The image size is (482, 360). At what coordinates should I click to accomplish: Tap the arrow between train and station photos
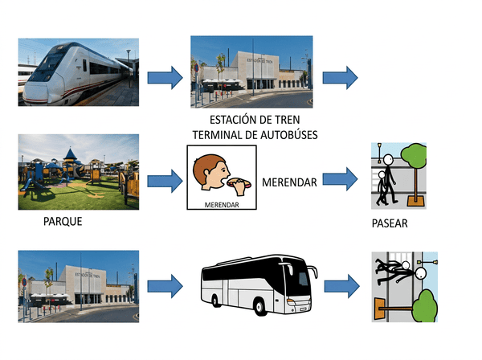point(165,76)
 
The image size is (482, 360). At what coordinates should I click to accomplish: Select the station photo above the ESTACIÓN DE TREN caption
point(251,72)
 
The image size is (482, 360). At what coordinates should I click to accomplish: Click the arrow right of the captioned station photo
point(339,76)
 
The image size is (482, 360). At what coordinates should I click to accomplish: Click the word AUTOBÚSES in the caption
point(283,135)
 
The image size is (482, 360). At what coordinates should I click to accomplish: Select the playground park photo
point(78,170)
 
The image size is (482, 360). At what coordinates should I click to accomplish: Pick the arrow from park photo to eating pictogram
point(165,180)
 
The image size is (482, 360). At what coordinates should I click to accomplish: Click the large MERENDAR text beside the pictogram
point(289,181)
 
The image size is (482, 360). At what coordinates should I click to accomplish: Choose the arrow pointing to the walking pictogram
point(339,180)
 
